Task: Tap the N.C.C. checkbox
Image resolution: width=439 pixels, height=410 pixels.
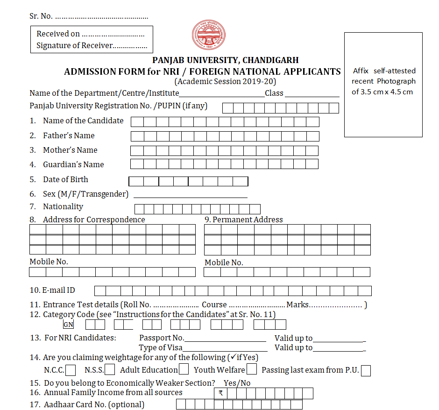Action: tap(71, 370)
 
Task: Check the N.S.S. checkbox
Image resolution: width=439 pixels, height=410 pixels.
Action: tap(110, 370)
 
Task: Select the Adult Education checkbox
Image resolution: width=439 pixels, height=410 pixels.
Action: tap(184, 370)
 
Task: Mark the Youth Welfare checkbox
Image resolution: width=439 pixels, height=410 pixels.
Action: tap(252, 370)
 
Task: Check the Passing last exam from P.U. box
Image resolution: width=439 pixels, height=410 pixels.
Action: tap(366, 371)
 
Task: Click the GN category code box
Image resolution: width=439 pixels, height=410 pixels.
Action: tap(68, 325)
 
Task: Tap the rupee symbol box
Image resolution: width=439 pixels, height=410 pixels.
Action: tap(220, 393)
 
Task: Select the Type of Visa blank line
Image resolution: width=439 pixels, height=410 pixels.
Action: tap(225, 349)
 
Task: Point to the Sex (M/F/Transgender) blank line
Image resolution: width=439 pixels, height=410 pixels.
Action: tap(190, 195)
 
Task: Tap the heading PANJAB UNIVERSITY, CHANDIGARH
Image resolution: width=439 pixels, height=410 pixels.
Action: tap(226, 60)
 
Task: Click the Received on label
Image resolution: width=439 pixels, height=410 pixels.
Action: tap(58, 34)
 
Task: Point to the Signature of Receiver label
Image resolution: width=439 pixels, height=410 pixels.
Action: tap(75, 45)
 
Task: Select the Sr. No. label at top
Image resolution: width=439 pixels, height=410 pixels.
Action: tap(41, 16)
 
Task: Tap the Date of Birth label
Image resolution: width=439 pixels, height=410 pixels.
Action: tap(65, 180)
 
